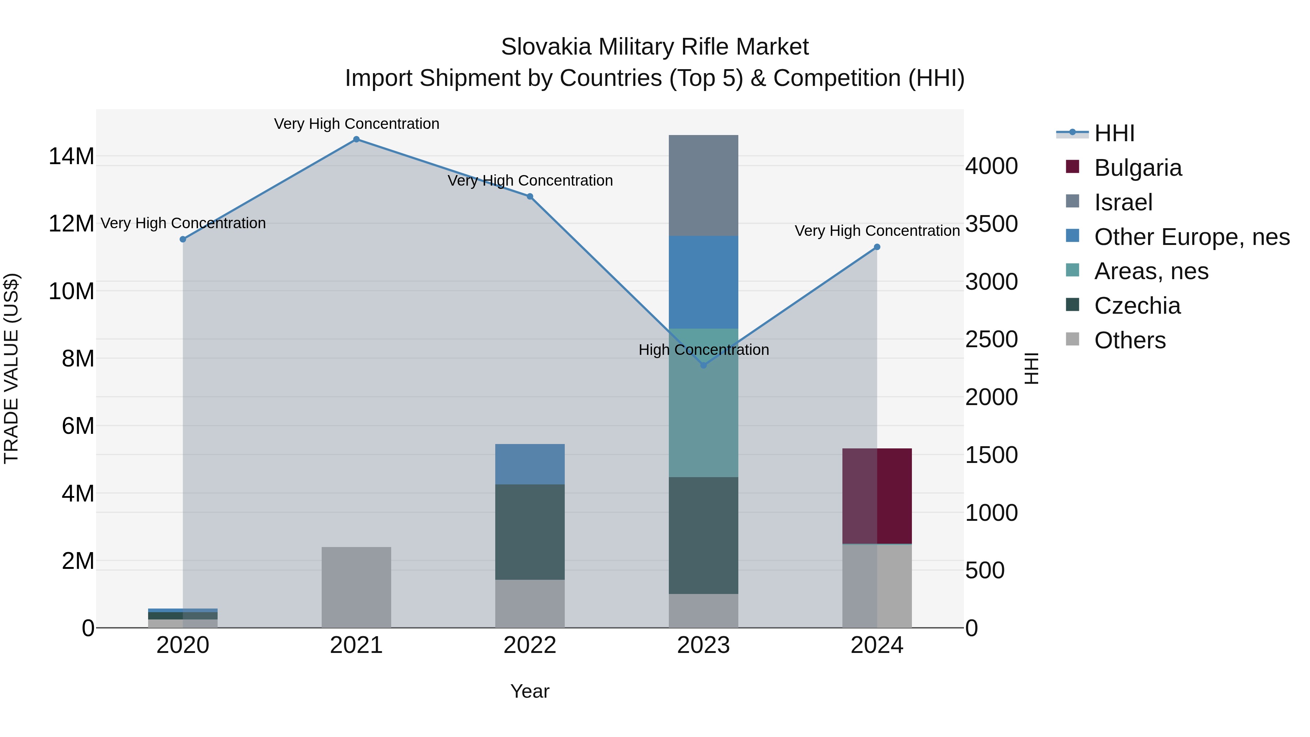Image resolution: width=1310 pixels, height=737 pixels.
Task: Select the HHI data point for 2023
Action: [703, 365]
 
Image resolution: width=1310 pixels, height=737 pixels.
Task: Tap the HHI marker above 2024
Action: [877, 247]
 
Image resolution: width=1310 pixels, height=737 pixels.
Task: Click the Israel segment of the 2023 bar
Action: [703, 186]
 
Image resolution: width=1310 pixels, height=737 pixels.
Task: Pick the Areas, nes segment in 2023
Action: [703, 402]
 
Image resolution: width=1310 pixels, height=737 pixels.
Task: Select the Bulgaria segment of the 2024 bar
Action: [877, 496]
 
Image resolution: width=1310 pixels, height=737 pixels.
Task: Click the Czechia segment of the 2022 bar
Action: [530, 531]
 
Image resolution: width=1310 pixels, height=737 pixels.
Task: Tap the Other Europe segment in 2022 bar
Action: [530, 464]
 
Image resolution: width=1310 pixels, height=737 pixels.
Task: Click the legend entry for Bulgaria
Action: [1138, 168]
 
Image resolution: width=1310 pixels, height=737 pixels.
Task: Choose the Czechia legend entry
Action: [1137, 306]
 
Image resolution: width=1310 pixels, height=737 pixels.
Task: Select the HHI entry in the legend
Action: [1114, 133]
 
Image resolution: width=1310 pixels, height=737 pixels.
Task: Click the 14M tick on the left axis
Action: [71, 156]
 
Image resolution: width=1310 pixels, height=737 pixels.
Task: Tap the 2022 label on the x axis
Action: [530, 645]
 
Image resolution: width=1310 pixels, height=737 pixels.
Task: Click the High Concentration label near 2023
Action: [703, 350]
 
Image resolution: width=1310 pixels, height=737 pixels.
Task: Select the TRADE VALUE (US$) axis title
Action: [11, 368]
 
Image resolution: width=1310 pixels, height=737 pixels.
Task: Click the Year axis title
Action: [530, 691]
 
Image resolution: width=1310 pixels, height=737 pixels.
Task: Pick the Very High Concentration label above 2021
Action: [357, 124]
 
